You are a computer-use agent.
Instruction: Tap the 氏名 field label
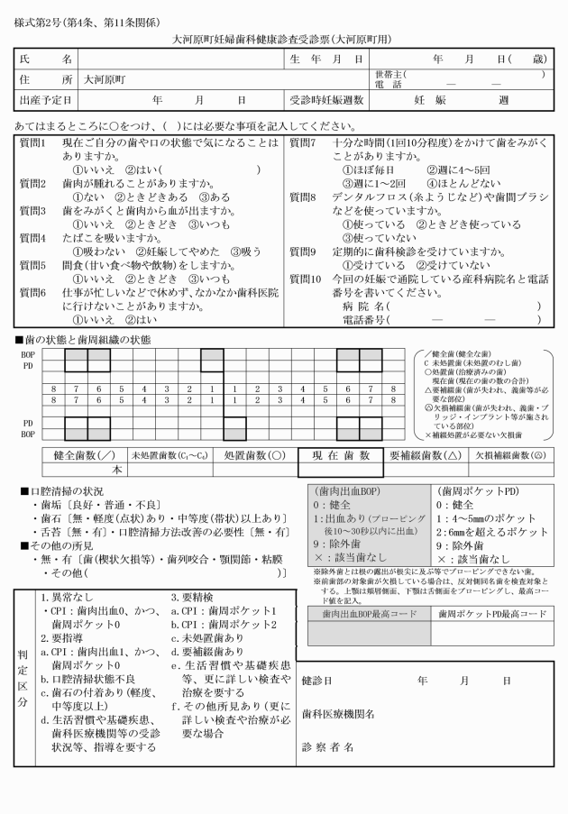tap(45, 59)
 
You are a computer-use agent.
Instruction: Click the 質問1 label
tap(35, 143)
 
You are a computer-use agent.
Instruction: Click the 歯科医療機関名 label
tap(338, 714)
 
